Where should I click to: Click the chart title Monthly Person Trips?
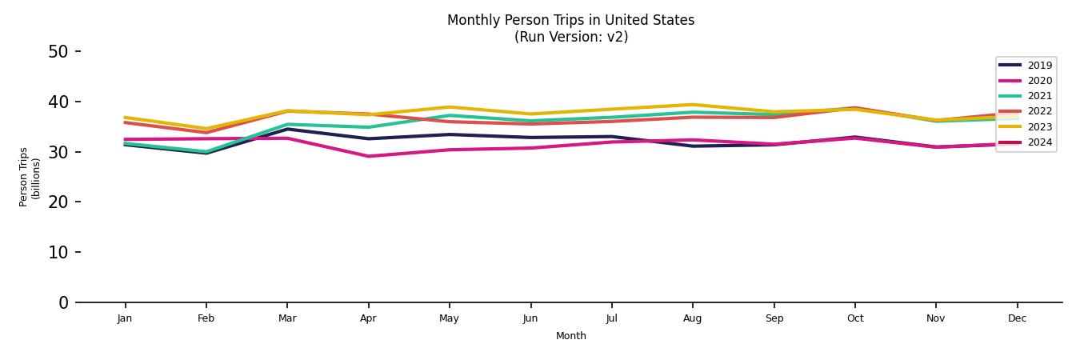pyautogui.click(x=570, y=20)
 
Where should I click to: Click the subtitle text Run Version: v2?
pyautogui.click(x=570, y=37)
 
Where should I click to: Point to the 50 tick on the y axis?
pyautogui.click(x=58, y=52)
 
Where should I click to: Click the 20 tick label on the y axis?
pyautogui.click(x=58, y=202)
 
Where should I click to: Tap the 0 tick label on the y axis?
pyautogui.click(x=64, y=302)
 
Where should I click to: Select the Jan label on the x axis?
pyautogui.click(x=125, y=318)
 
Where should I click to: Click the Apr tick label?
pyautogui.click(x=368, y=318)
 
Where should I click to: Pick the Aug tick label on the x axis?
pyautogui.click(x=692, y=318)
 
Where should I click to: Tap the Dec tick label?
pyautogui.click(x=1017, y=318)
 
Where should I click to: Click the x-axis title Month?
pyautogui.click(x=570, y=336)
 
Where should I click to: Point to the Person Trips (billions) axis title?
pyautogui.click(x=30, y=177)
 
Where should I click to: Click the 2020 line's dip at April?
pyautogui.click(x=368, y=156)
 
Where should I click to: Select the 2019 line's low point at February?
pyautogui.click(x=206, y=153)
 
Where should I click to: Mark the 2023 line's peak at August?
pyautogui.click(x=693, y=105)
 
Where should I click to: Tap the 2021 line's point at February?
pyautogui.click(x=206, y=151)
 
